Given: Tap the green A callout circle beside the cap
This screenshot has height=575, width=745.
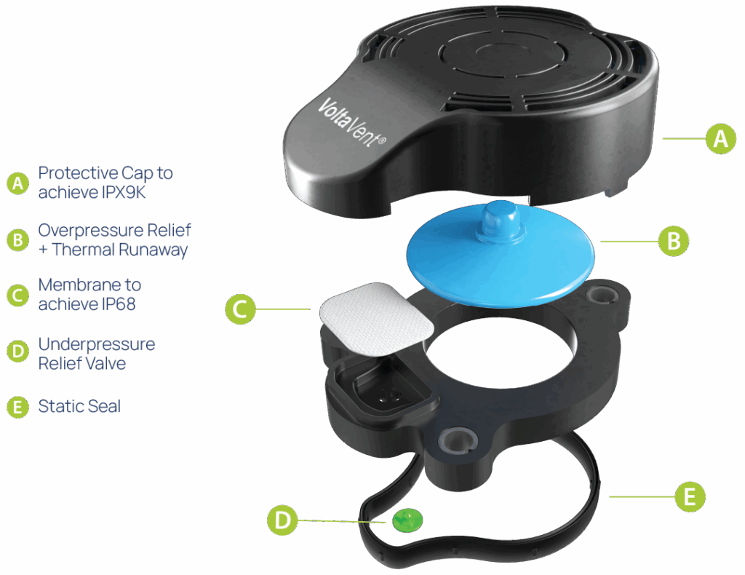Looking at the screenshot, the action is click(x=721, y=139).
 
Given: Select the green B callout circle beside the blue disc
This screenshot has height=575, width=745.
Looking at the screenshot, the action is click(x=673, y=242).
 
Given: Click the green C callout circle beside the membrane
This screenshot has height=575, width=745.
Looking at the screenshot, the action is click(x=240, y=309).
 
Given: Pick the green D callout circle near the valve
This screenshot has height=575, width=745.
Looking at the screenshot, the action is click(x=282, y=520).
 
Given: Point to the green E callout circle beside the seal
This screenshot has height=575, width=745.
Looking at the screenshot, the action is click(x=690, y=496).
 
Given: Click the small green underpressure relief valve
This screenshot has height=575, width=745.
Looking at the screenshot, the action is click(x=407, y=520).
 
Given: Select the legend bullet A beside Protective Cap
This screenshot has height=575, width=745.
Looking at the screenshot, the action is click(x=18, y=183).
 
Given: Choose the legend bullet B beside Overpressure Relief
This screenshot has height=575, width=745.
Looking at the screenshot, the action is click(x=18, y=240).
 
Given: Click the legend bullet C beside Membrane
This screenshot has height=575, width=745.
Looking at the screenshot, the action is click(x=18, y=295).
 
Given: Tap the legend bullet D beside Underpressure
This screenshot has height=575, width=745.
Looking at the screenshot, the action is click(x=18, y=352).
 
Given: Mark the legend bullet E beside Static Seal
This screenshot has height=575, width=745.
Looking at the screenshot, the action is click(x=18, y=408).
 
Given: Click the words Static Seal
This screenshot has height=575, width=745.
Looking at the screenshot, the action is click(x=79, y=406).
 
